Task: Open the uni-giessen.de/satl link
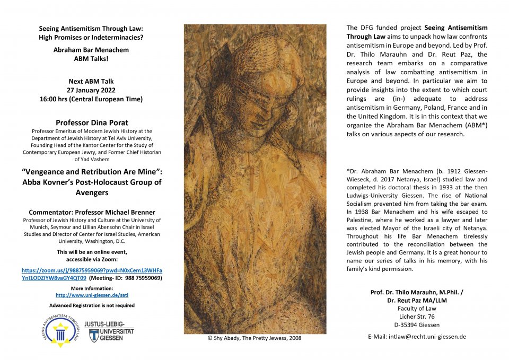(91, 295)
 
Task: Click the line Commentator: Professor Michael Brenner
(91, 212)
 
